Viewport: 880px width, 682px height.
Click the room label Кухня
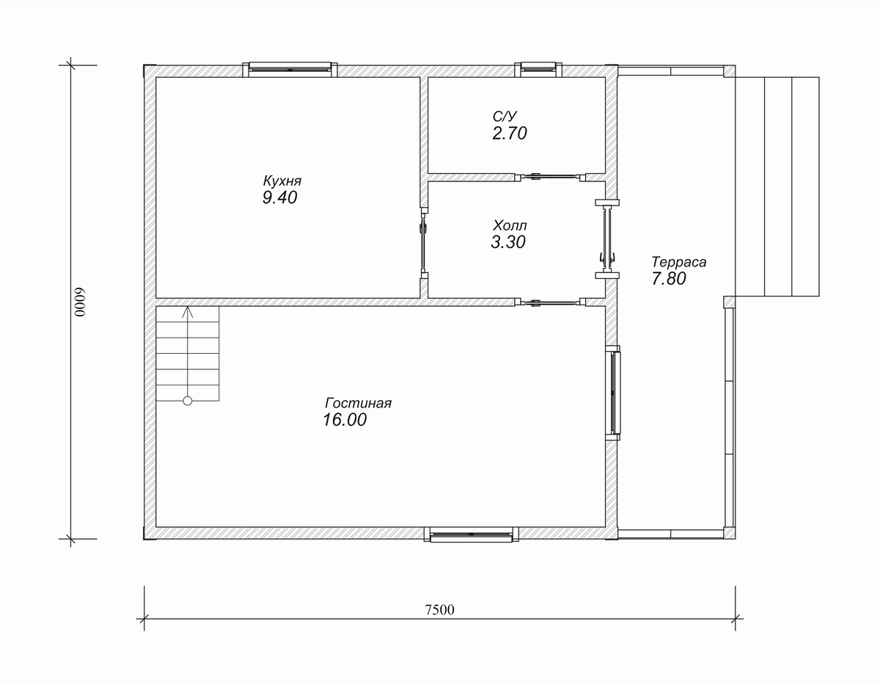[282, 181]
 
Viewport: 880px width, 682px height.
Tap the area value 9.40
[279, 197]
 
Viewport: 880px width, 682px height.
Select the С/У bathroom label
[505, 117]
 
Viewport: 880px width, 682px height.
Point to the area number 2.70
[510, 134]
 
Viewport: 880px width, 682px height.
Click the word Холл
[510, 225]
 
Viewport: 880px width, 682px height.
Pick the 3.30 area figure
[507, 242]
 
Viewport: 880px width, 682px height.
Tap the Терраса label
[679, 262]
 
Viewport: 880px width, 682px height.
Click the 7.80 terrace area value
[669, 279]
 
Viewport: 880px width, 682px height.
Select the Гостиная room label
[358, 403]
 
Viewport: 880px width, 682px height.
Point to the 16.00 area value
[344, 420]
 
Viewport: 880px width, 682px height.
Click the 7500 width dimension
[439, 610]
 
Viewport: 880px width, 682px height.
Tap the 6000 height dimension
[79, 302]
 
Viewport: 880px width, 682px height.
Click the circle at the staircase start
[188, 401]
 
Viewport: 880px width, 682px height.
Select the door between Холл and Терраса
[607, 239]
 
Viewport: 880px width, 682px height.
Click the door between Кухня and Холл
[424, 243]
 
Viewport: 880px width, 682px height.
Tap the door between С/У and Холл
[550, 177]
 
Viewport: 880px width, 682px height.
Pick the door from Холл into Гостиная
[550, 302]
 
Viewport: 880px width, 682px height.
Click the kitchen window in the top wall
[290, 69]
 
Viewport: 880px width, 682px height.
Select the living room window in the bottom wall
[472, 534]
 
